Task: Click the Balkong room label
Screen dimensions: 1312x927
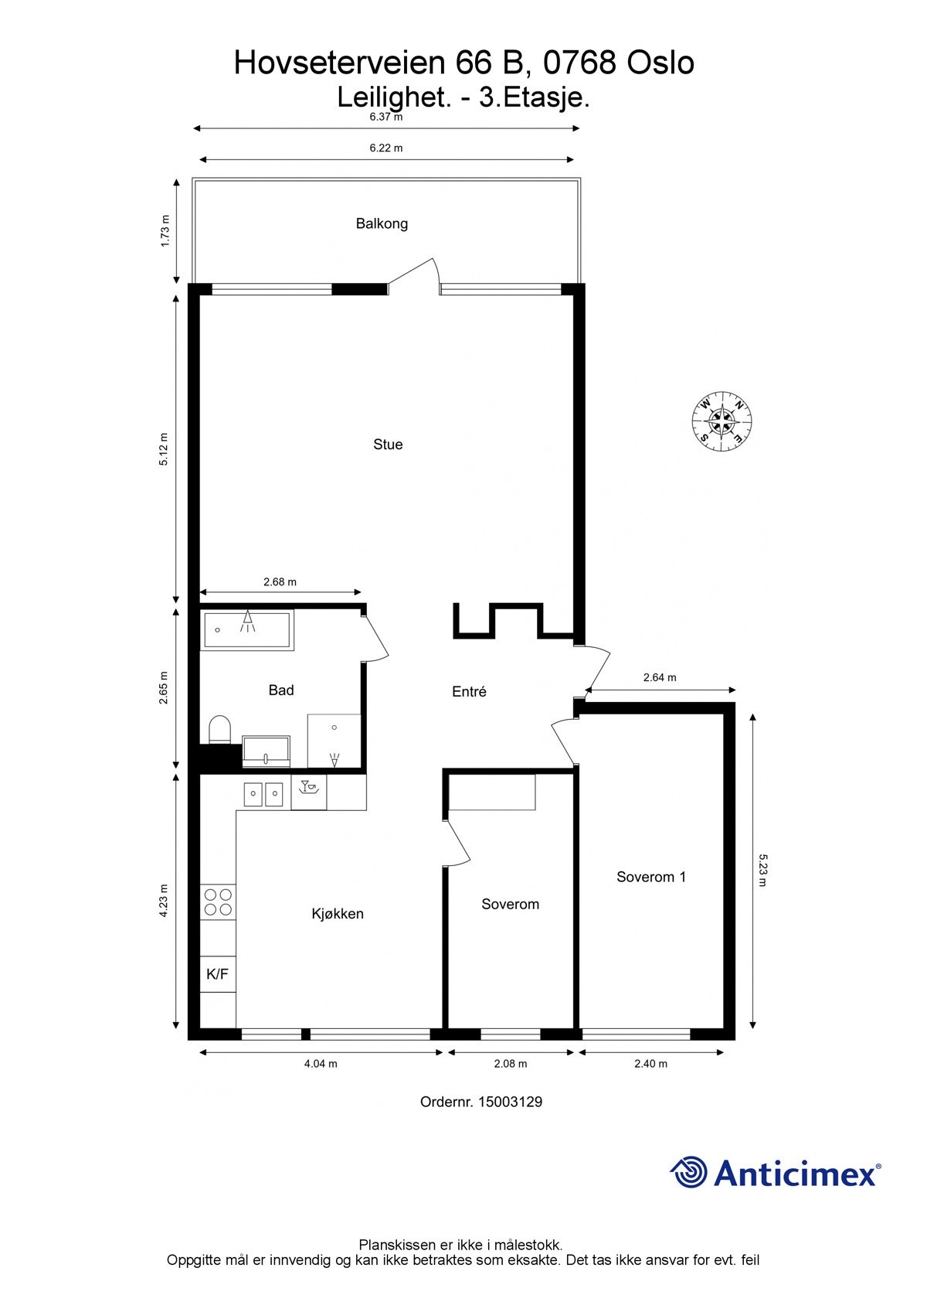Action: click(x=382, y=223)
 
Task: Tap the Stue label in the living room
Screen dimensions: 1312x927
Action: click(x=388, y=445)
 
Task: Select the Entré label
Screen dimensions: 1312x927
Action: click(x=469, y=692)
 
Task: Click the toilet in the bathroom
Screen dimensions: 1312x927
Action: click(x=220, y=730)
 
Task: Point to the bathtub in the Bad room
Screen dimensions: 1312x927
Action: click(x=246, y=630)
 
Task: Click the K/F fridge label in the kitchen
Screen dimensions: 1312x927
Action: click(x=218, y=974)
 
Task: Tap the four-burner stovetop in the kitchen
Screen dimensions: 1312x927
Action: click(x=218, y=901)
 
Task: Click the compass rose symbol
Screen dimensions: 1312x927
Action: click(x=722, y=421)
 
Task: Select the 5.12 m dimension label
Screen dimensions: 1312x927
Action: click(x=164, y=449)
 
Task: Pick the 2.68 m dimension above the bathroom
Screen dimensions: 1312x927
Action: click(x=280, y=582)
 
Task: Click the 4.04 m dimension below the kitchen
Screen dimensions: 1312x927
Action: click(x=321, y=1064)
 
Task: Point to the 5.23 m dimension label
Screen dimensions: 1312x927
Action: click(x=762, y=871)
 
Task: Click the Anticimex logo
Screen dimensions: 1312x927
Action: click(x=775, y=1173)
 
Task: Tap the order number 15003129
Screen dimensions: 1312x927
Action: click(x=510, y=1102)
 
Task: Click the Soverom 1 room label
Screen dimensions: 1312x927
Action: click(x=651, y=877)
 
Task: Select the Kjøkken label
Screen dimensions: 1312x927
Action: click(x=338, y=914)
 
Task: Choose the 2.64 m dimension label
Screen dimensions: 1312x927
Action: click(x=660, y=678)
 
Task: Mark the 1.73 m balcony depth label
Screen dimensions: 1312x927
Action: click(x=165, y=231)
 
